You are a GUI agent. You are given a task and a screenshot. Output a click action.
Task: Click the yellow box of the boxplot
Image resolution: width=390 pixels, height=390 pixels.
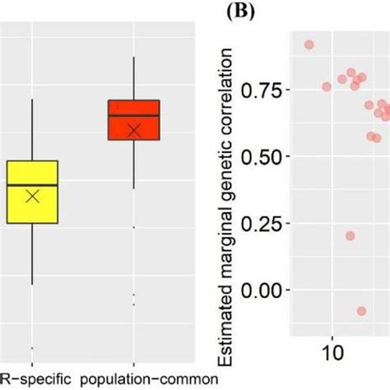(31, 191)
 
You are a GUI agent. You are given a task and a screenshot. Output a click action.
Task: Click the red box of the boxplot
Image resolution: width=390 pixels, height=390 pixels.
(133, 120)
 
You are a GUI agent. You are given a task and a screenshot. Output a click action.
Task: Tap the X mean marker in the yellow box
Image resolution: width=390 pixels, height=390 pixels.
(32, 196)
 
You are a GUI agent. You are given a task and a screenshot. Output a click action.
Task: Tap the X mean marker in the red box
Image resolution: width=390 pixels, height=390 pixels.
(134, 129)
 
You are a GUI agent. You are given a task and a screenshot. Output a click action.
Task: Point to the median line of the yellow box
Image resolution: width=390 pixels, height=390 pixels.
(31, 185)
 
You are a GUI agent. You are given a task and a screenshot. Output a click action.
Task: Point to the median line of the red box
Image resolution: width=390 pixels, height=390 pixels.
(133, 114)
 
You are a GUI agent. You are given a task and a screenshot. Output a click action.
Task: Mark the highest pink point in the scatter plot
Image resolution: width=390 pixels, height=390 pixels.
(309, 44)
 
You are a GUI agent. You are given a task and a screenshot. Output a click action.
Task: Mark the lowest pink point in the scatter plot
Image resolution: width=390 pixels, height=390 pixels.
(361, 311)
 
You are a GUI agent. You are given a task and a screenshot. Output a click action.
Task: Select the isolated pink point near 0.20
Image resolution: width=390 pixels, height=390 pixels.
(350, 235)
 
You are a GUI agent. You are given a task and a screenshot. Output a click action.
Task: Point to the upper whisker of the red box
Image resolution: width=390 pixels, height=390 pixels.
(133, 78)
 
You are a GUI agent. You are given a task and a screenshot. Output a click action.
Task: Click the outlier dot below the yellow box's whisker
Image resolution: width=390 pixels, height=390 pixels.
(31, 347)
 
